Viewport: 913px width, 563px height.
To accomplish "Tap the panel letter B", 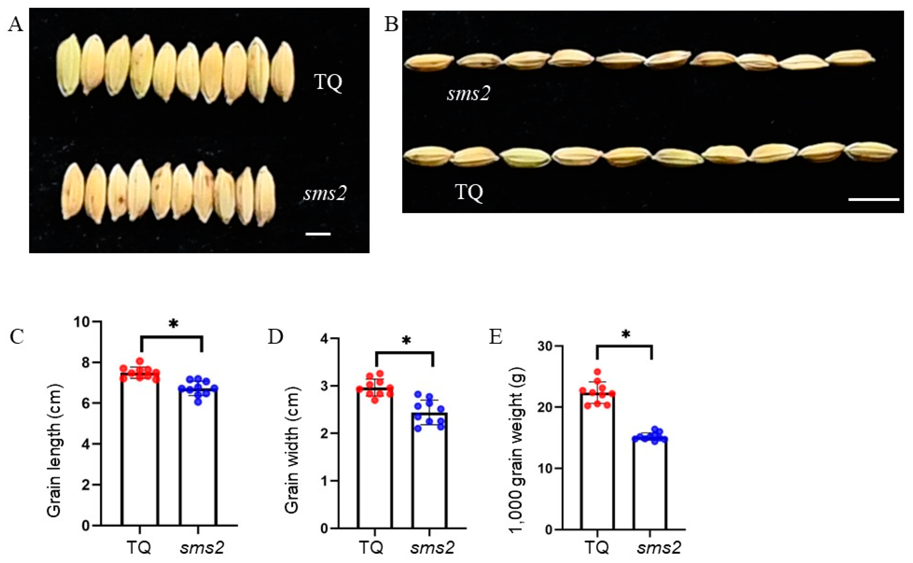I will point(391,25).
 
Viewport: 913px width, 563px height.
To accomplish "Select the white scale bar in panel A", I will point(318,234).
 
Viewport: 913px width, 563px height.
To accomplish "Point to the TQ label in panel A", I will point(328,82).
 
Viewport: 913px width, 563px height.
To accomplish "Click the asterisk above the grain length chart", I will point(173,324).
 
